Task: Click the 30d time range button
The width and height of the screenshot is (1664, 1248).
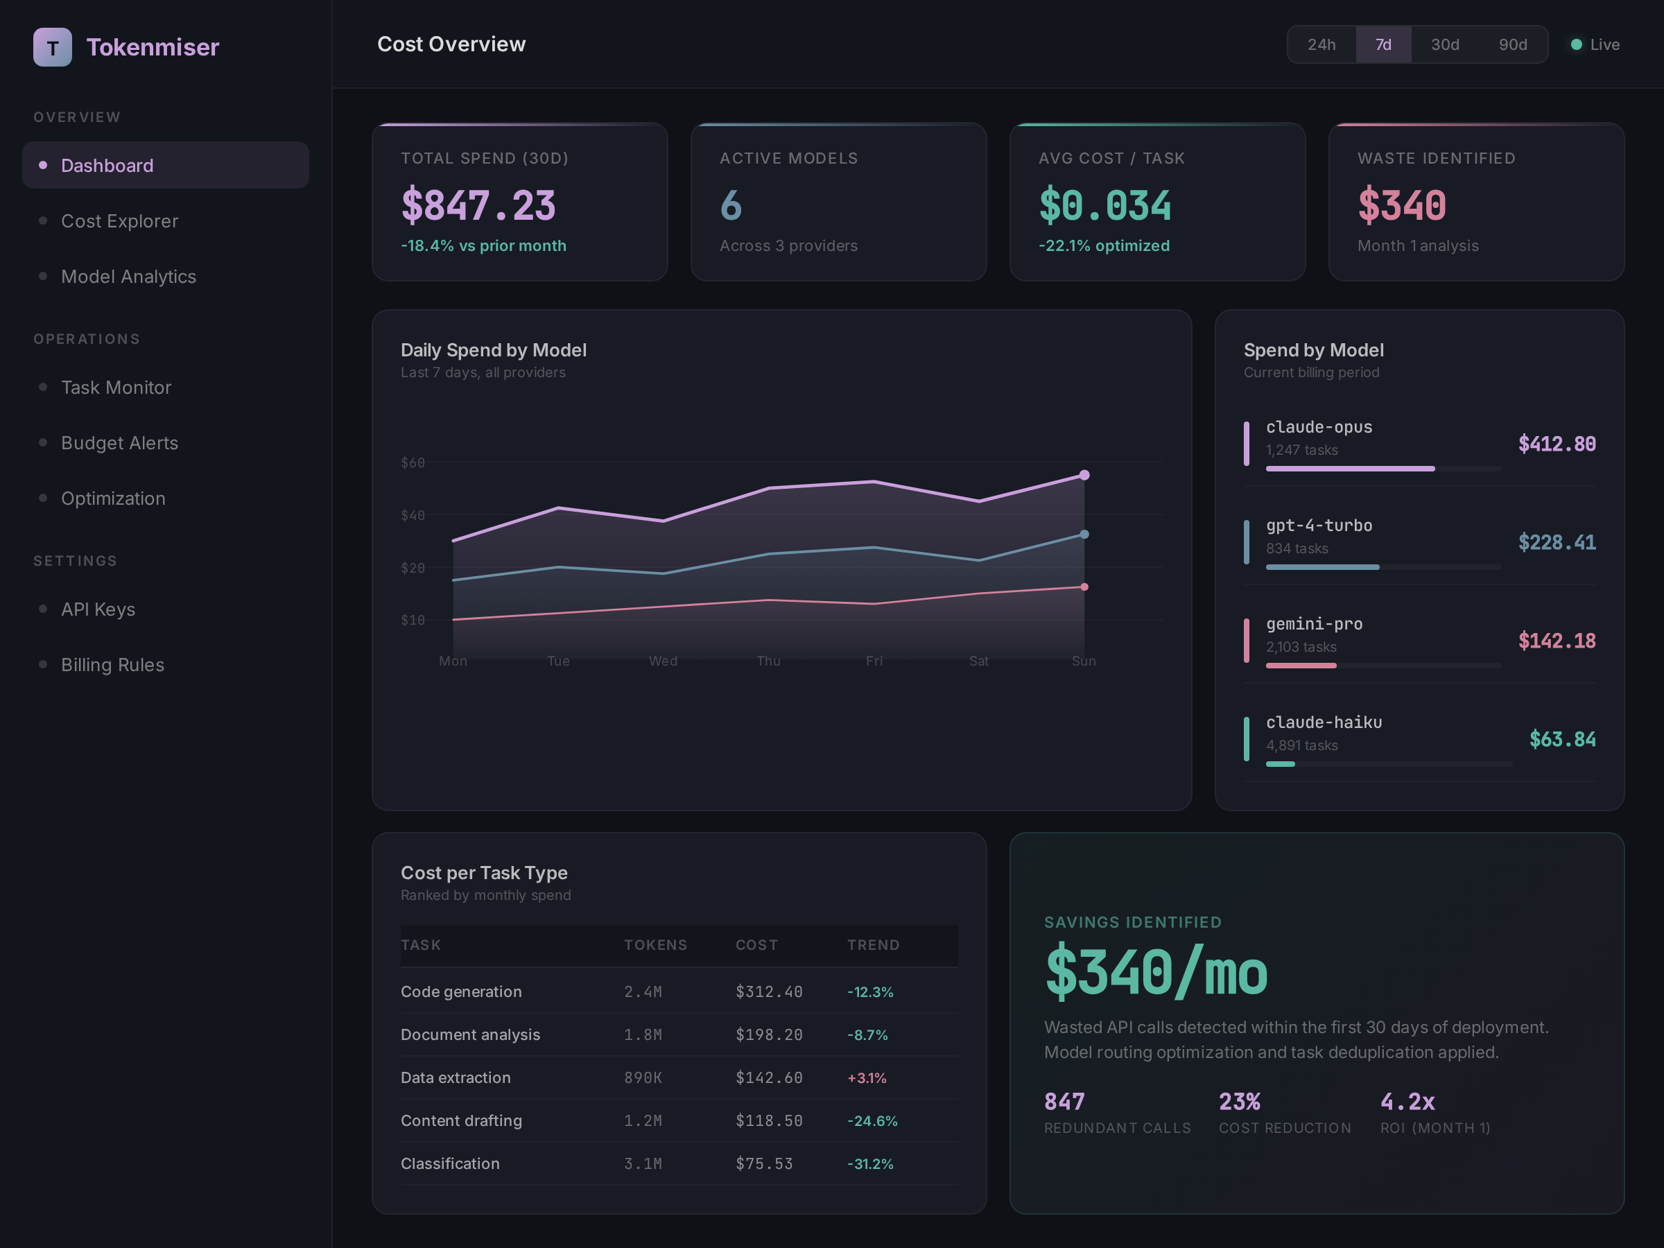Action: point(1444,44)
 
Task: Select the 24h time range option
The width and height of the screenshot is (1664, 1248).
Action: point(1321,44)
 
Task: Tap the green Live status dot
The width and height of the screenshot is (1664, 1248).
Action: point(1576,44)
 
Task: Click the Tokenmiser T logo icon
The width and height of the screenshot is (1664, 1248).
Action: point(53,47)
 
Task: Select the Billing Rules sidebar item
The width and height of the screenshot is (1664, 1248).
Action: point(112,665)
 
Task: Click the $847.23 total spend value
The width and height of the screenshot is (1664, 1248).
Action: point(478,205)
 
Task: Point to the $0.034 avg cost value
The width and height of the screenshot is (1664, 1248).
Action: point(1104,205)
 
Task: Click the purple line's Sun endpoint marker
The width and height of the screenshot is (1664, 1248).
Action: point(1084,475)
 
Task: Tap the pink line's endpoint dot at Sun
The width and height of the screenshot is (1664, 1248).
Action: point(1084,587)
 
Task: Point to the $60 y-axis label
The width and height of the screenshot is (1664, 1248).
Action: point(413,462)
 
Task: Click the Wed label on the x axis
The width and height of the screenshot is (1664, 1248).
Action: point(663,661)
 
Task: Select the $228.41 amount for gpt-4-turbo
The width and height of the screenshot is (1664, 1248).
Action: point(1556,542)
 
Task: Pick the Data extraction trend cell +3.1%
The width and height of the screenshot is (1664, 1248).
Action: point(867,1078)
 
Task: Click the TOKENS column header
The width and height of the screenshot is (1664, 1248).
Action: point(655,945)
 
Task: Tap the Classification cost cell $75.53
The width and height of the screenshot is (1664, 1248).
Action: point(763,1163)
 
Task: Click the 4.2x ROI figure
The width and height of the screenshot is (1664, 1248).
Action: point(1407,1102)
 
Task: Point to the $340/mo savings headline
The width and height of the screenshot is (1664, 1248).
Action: point(1156,973)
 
